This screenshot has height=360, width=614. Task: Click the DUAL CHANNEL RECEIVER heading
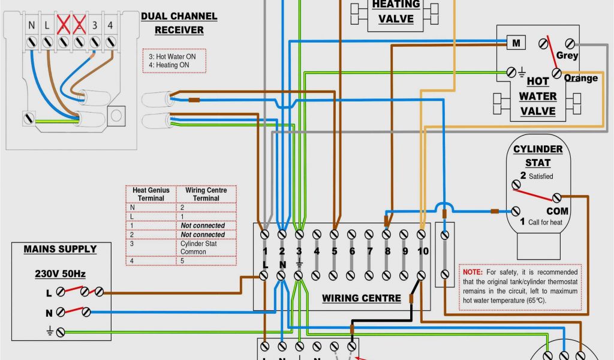click(179, 23)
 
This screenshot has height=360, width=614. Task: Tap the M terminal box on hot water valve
click(516, 43)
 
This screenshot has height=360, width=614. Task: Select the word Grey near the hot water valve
click(567, 55)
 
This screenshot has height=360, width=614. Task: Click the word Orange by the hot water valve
click(580, 78)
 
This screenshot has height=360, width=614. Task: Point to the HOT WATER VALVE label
click(537, 96)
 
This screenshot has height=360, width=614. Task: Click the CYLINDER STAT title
click(538, 155)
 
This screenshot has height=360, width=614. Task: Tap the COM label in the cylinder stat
click(557, 211)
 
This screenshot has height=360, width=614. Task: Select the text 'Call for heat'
click(545, 222)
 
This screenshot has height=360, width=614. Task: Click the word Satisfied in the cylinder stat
click(541, 176)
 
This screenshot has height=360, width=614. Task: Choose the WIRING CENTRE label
click(361, 298)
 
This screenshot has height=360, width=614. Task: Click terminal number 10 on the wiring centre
click(423, 251)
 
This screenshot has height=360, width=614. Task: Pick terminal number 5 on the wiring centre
click(334, 251)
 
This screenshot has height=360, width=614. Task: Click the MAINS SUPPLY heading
click(60, 248)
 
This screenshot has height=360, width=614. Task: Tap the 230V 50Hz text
click(60, 274)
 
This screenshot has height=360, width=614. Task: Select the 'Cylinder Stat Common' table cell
click(198, 248)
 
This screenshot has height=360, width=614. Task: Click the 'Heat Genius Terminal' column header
click(151, 194)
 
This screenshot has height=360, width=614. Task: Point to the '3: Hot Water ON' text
click(172, 56)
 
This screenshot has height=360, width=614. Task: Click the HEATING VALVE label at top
click(396, 11)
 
